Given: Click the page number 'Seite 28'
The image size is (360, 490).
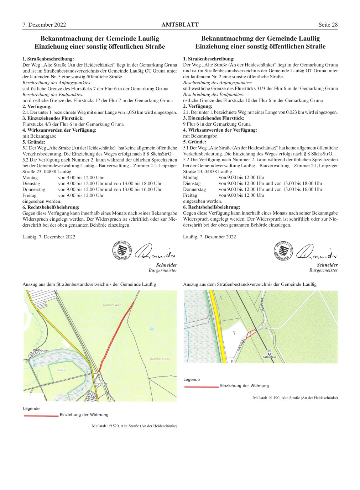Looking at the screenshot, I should coord(328,25).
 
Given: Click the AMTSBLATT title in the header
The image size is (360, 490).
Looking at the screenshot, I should coord(180,25).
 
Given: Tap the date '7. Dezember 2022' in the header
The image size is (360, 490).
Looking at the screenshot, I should coord(44,25).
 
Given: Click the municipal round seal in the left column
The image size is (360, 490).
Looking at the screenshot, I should coord(122,251).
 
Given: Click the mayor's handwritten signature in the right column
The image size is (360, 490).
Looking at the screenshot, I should coord(316,252).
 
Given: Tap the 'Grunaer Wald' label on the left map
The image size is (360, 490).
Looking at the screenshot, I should coord(112,305).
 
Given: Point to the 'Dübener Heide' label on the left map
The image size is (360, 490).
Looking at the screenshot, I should coord(160,359).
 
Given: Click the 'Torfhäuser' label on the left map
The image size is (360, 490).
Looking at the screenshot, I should coord(41,351).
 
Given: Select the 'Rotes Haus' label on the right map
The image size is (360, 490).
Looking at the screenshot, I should coord(269,357).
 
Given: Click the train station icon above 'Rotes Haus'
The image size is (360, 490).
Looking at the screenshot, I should coord(269,352).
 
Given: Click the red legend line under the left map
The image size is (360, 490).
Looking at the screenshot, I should coord(41,416).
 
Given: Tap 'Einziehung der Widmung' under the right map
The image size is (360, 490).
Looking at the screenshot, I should coord(244,386).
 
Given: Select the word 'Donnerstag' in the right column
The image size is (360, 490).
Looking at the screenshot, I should coord(194,189).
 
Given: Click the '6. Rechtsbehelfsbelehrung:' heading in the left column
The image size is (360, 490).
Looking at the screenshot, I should coord(51,207).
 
